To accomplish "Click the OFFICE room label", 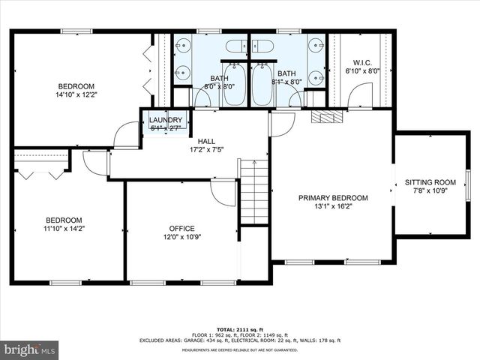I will (x=181, y=229).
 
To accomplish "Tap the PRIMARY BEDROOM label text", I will (x=333, y=198).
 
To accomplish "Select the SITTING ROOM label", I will (x=430, y=182).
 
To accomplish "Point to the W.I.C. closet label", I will (x=362, y=62).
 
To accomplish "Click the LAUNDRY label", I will (x=165, y=120).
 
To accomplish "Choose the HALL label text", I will (x=206, y=141).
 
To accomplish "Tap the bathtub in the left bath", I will (x=233, y=85).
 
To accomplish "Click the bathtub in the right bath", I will (x=262, y=85).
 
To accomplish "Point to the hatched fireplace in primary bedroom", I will (x=325, y=117).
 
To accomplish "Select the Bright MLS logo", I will (x=30, y=349).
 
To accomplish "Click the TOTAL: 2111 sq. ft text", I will (x=239, y=329).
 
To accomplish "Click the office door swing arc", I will (x=223, y=193).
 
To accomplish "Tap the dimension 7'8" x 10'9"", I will (x=430, y=190).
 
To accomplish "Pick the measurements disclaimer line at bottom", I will (x=239, y=349).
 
